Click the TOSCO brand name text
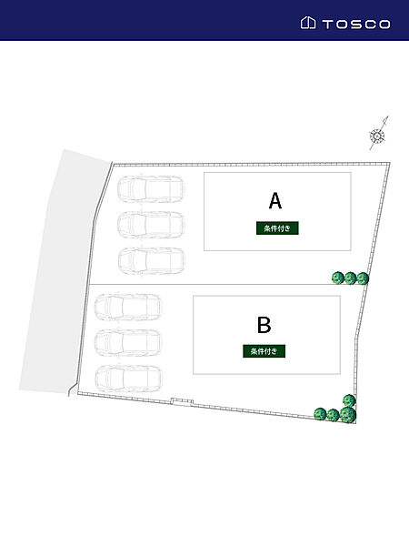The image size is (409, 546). tap(356, 24)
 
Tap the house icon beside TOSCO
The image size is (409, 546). tap(308, 23)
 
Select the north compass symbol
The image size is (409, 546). tap(378, 134)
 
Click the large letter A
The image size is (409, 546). tap(275, 201)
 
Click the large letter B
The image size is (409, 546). tap(264, 325)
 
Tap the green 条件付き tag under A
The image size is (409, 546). tap(277, 228)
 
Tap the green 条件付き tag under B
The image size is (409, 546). tap(264, 351)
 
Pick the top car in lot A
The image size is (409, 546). tap(151, 189)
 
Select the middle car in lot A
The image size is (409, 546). tap(151, 225)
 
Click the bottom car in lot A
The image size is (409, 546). tap(151, 261)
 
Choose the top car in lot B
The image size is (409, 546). tap(128, 308)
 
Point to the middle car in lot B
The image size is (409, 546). tap(128, 343)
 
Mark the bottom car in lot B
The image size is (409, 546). tap(128, 379)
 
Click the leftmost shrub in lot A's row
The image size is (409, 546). tap(338, 278)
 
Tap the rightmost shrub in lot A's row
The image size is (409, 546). tap(363, 278)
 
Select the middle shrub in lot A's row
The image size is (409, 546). tap(350, 278)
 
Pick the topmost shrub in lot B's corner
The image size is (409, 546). tap(349, 400)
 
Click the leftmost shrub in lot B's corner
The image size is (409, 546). tap(320, 414)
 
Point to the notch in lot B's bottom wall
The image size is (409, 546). tap(182, 402)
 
